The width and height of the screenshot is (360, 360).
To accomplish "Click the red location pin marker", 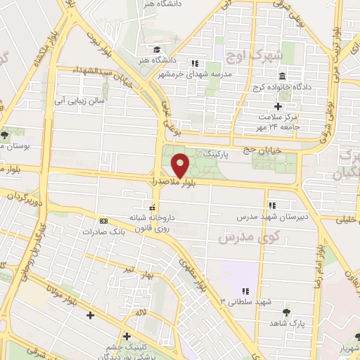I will click(181, 165).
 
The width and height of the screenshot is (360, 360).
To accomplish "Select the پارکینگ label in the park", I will click(216, 152).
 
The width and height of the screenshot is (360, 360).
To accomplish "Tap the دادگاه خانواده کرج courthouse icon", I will click(281, 75).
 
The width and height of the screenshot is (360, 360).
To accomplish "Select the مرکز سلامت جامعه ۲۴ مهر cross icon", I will click(278, 106).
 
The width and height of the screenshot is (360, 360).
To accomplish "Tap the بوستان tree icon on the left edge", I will click(6, 134).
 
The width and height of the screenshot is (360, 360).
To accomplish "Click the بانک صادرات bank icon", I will click(103, 220).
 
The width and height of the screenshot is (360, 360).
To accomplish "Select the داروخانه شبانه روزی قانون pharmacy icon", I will click(150, 208).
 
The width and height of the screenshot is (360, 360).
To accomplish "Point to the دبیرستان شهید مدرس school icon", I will click(271, 205).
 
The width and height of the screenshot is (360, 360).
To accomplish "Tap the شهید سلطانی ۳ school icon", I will click(245, 290).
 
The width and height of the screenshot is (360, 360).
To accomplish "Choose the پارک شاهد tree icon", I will click(285, 311).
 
